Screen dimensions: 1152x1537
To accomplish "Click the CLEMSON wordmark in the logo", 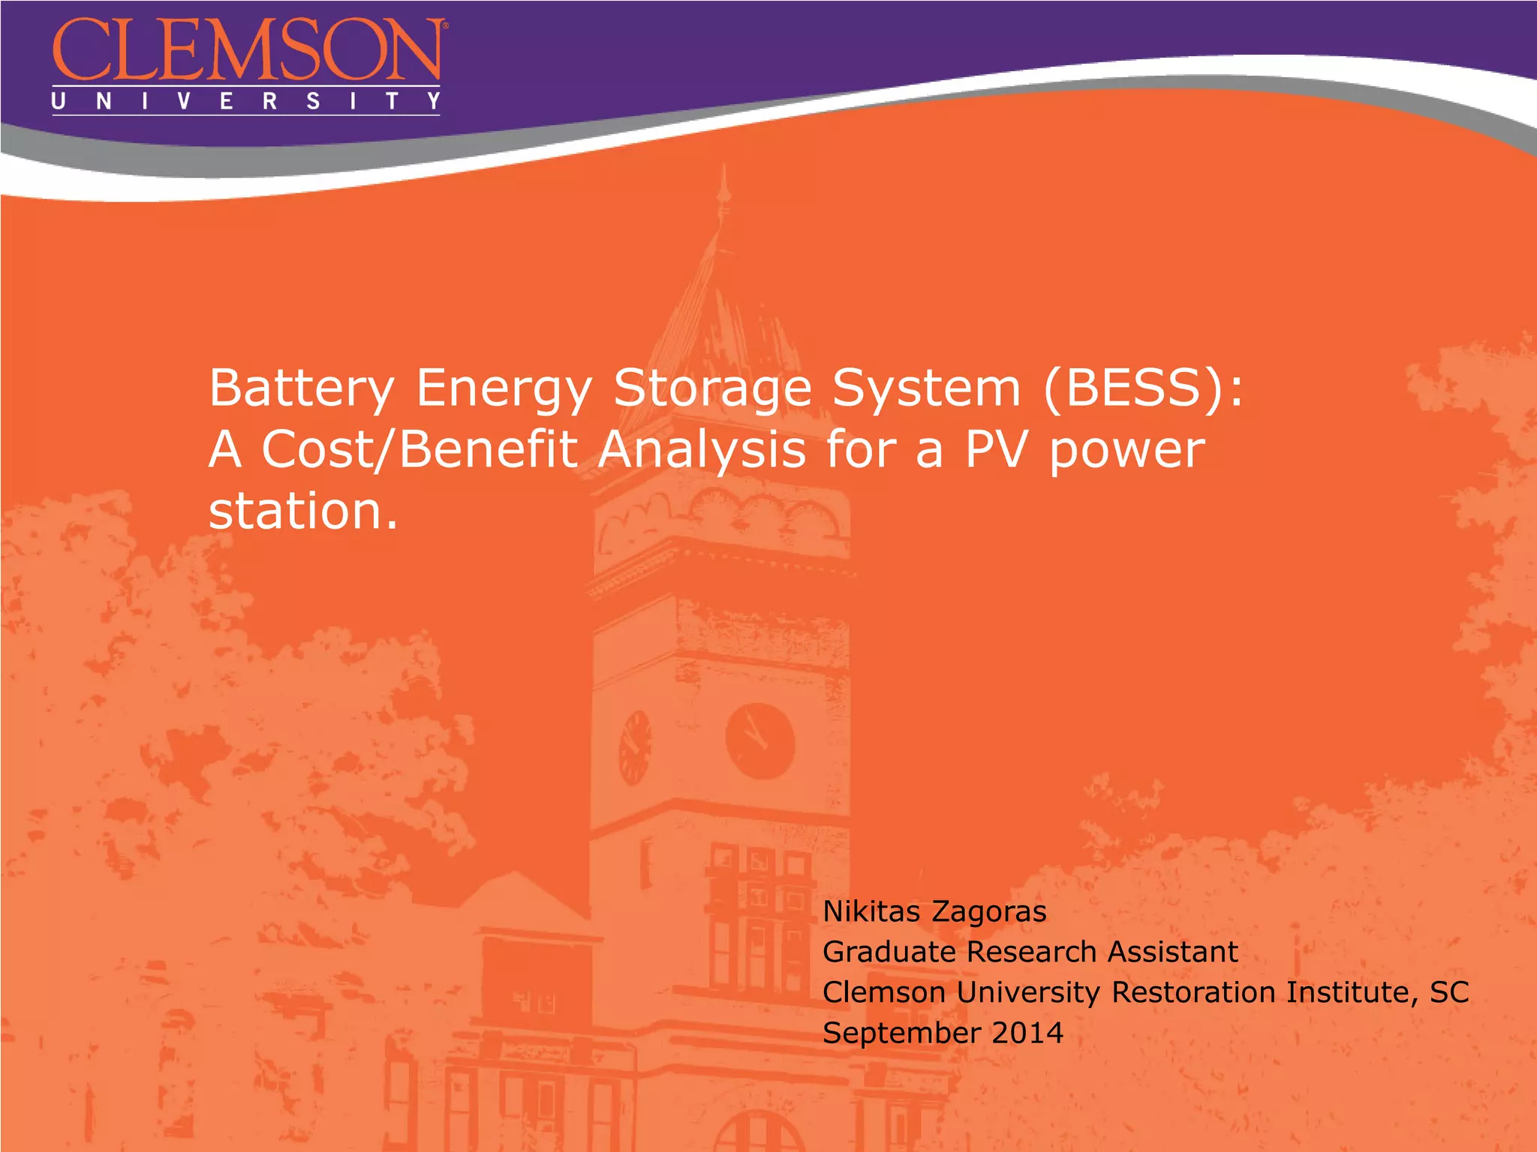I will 248,50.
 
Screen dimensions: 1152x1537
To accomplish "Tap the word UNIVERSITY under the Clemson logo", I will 245,101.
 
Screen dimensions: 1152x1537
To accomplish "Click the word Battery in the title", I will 301,389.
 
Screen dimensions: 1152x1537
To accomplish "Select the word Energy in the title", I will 504,389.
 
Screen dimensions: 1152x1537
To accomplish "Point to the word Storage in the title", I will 712,389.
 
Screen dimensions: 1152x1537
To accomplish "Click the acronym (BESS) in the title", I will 1133,388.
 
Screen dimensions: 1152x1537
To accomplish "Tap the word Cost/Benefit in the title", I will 419,449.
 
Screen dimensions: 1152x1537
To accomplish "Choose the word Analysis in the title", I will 702,451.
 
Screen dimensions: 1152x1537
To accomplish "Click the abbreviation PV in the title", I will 995,449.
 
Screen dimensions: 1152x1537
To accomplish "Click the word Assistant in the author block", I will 1172,952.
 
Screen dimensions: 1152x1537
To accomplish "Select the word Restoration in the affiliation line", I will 1193,992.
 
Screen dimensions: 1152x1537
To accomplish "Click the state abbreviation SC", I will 1448,992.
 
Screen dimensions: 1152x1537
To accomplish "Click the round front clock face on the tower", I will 759,741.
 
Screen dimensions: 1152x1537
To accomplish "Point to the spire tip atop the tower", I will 723,174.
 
